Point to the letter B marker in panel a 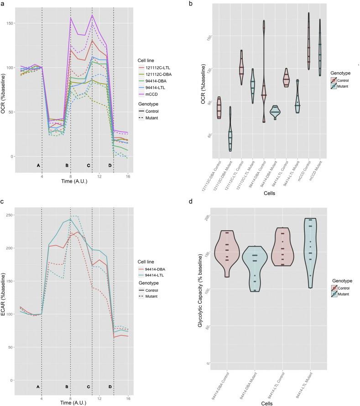point(67,165)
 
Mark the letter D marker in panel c point(110,386)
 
